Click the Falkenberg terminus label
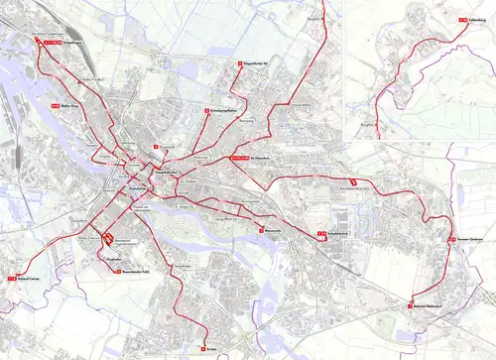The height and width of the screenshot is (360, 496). [475, 19]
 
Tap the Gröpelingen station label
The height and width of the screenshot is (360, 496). [70, 44]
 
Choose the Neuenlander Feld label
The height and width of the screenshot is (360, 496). [135, 271]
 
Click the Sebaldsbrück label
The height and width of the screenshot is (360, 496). [340, 234]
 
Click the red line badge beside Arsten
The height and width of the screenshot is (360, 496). [201, 348]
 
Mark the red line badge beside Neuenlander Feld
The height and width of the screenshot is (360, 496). [118, 271]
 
